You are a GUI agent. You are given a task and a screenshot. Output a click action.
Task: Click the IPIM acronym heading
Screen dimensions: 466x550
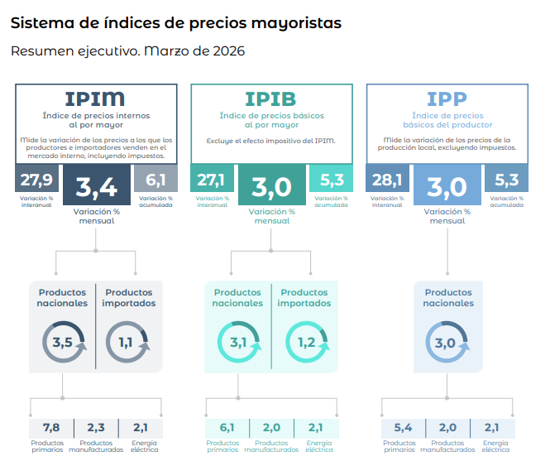[x=95, y=98]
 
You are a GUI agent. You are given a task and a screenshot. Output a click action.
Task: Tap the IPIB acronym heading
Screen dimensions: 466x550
[x=272, y=98]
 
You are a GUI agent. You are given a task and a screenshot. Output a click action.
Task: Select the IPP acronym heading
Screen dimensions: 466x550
[x=447, y=98]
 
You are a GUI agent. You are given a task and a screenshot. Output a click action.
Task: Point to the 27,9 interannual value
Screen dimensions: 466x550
[x=36, y=179]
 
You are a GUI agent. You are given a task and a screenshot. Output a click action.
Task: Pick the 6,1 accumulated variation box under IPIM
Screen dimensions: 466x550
[x=155, y=179]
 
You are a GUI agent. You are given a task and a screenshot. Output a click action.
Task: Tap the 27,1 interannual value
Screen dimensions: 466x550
[x=212, y=179]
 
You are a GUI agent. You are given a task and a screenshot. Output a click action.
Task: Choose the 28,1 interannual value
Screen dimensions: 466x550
[x=387, y=179]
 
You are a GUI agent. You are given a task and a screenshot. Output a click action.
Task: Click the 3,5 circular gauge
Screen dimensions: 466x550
[x=63, y=342]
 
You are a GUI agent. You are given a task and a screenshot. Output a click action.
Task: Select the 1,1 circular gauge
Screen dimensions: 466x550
[x=127, y=342]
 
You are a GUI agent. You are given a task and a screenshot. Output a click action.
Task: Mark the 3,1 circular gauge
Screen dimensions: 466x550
[x=238, y=342]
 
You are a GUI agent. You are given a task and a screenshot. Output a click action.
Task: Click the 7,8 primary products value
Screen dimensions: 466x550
[x=51, y=427]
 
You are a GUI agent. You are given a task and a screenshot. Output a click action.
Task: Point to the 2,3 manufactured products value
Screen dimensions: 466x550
[x=95, y=427]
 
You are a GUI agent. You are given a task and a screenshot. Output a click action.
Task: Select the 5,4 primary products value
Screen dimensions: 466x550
[x=403, y=427]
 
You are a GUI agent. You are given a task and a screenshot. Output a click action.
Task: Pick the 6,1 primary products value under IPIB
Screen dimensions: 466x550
[x=227, y=427]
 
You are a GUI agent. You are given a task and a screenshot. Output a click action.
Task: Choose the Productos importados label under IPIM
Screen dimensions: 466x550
[x=128, y=298]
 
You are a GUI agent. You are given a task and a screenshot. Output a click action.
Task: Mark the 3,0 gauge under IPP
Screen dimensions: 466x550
[x=447, y=342]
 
